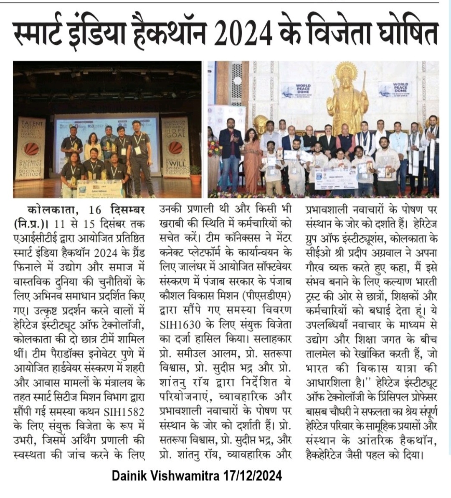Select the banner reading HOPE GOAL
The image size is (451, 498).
pyautogui.click(x=174, y=142)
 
